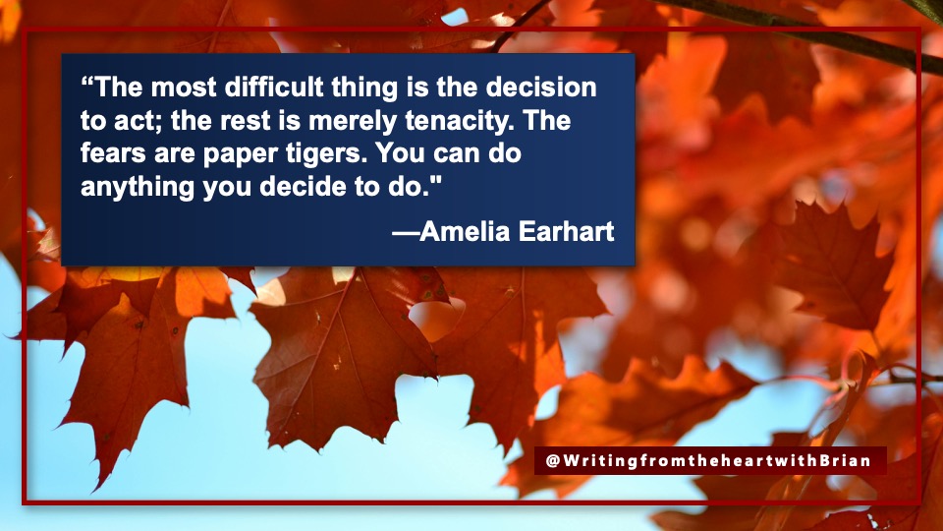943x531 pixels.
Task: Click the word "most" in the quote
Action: pos(183,88)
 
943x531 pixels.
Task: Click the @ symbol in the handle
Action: pos(553,460)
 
